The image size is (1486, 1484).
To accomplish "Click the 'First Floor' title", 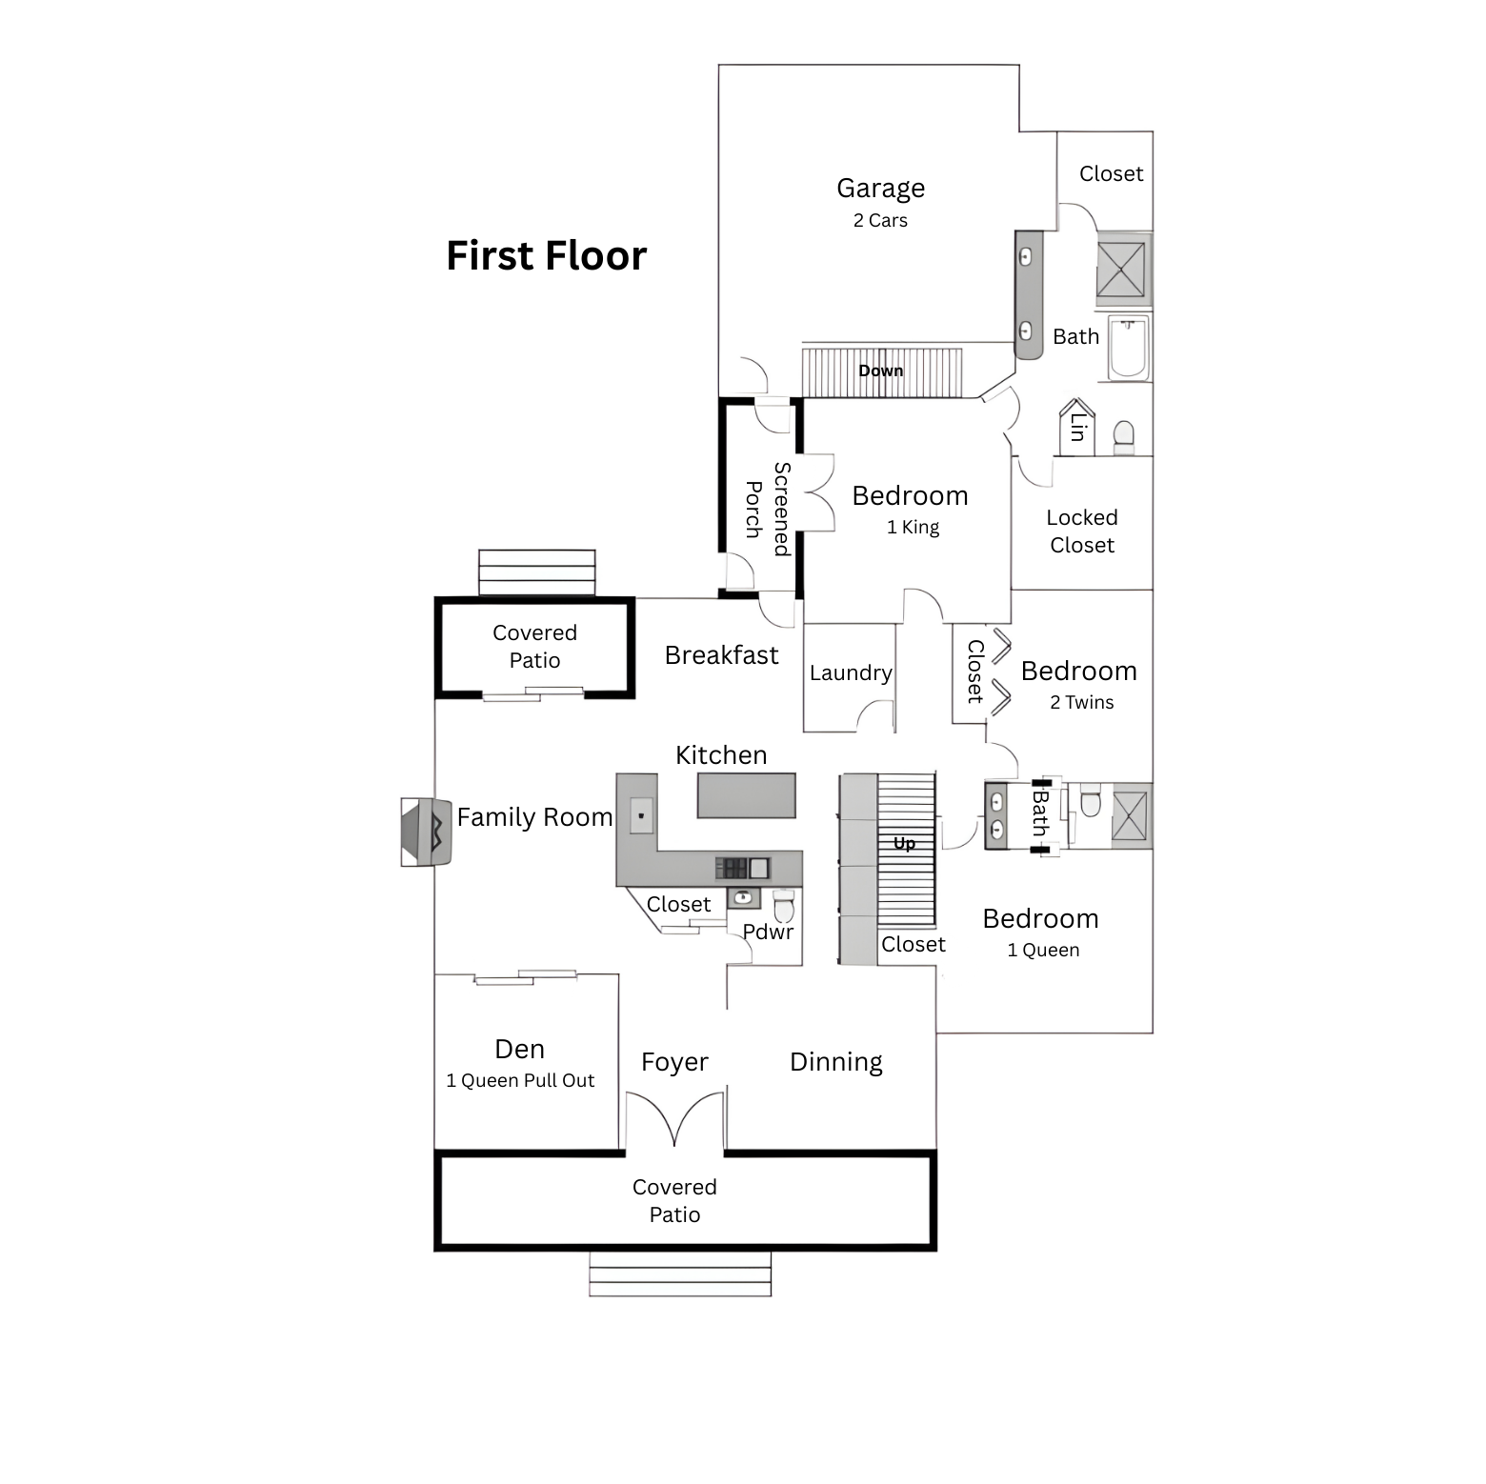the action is (547, 256).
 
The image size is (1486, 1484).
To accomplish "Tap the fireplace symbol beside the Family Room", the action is (426, 832).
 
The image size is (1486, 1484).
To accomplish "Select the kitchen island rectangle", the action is (746, 795).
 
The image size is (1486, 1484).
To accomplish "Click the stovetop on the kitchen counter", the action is (732, 868).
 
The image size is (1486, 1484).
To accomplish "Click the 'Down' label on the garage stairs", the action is (881, 371).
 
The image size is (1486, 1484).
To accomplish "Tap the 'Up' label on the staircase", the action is (904, 843).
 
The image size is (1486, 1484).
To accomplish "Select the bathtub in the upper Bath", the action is (1129, 349).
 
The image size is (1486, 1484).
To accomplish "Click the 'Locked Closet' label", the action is (1082, 531).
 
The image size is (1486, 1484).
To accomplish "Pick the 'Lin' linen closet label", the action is (1077, 427).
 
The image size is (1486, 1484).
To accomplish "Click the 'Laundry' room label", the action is (851, 673).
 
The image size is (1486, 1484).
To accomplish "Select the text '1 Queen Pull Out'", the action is (520, 1080).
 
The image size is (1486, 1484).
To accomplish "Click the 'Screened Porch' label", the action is (768, 510).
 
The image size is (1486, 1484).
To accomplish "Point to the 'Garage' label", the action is (881, 189).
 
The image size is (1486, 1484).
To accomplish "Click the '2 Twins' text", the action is (1082, 702).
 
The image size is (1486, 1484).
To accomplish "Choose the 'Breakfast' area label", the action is (721, 655).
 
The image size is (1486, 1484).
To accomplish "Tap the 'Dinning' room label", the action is (836, 1062).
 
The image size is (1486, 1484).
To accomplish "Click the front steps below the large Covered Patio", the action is (680, 1273).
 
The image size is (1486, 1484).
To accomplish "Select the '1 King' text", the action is (913, 528).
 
